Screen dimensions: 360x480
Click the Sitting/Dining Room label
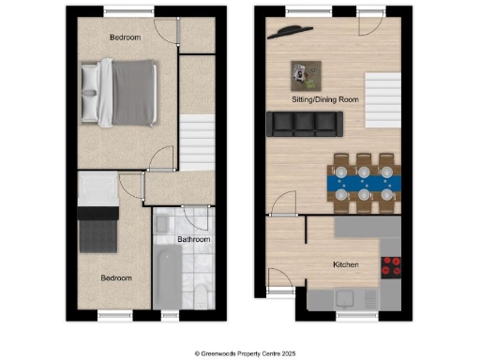coord(324,97)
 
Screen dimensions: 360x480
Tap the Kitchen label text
coord(346,265)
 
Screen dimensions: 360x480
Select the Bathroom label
coord(194,240)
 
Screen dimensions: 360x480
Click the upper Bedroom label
coord(125,37)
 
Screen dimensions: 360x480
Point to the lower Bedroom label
coord(117,278)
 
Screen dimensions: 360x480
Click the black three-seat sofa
coord(302,123)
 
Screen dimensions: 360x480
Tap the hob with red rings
coord(391,265)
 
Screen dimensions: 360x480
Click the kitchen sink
coord(345,299)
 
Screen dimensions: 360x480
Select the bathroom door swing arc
coord(198,222)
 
